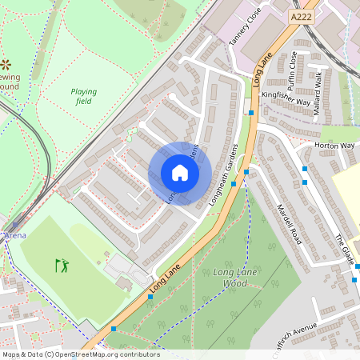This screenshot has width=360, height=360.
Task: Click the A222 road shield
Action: click(302, 16)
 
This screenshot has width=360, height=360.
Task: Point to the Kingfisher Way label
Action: click(286, 98)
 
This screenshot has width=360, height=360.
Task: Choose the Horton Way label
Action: click(334, 146)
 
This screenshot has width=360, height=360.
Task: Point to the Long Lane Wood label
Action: click(219, 278)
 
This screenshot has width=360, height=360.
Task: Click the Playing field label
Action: click(83, 97)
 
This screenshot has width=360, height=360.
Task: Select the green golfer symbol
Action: click(62, 265)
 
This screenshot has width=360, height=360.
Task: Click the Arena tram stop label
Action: click(14, 236)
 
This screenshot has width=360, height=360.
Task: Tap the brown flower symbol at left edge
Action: click(6, 62)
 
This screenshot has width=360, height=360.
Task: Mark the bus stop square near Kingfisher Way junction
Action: click(251, 113)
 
